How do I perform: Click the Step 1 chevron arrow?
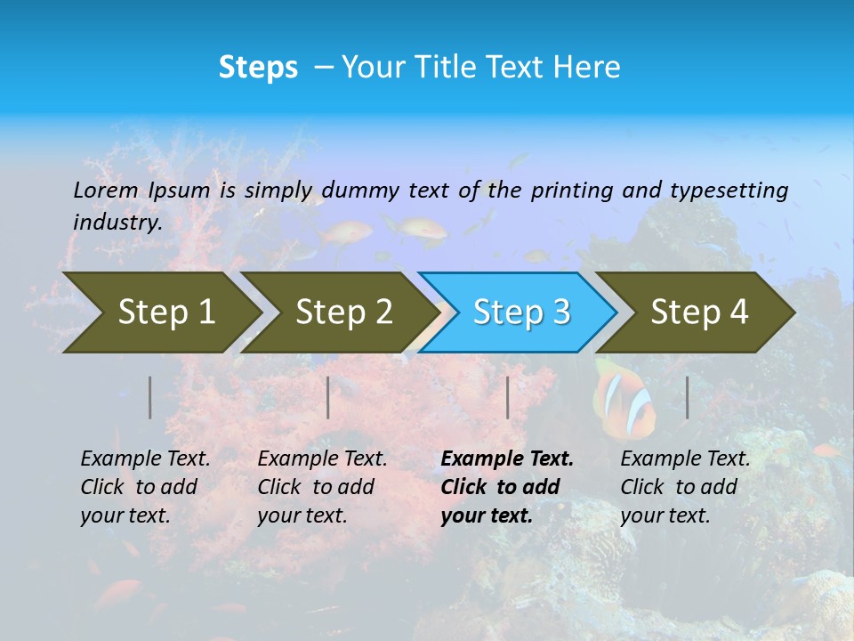tap(160, 312)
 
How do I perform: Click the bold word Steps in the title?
tap(258, 68)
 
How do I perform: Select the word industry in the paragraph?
tap(117, 223)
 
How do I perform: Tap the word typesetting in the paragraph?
tap(729, 190)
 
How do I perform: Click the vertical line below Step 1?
tap(150, 397)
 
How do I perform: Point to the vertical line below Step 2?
tap(328, 397)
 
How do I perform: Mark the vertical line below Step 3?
tap(508, 397)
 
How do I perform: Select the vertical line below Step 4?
tap(688, 397)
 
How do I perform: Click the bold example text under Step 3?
tap(506, 487)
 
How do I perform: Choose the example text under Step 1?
tap(145, 487)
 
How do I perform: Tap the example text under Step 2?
tap(322, 487)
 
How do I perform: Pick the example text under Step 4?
tap(685, 487)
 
